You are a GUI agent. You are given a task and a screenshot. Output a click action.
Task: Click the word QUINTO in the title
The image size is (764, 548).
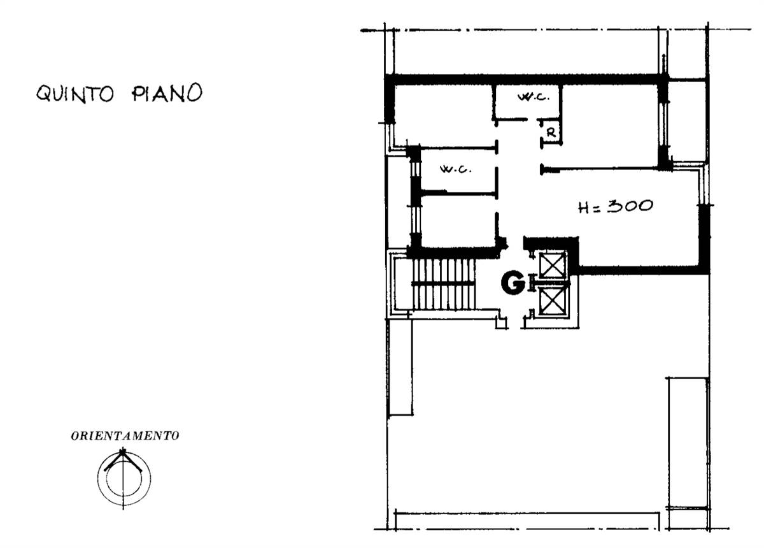75,93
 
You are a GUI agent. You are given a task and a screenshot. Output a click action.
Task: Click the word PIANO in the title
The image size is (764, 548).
167,92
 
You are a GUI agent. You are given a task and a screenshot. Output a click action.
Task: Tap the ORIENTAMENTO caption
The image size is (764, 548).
125,436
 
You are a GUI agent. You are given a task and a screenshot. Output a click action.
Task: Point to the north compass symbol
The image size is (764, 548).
124,477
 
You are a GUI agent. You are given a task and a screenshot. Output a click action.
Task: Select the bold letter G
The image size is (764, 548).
513,283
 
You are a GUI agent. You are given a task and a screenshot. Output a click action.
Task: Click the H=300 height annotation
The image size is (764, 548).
616,206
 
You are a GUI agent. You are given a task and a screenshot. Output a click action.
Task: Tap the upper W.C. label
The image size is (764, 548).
534,97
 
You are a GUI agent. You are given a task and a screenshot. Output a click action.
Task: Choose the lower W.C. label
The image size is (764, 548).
456,169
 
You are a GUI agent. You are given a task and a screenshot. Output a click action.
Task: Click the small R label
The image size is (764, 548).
551,133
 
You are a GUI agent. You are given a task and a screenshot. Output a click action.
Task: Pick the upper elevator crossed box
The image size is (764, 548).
552,265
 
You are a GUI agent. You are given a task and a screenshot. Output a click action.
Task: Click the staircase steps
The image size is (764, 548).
443,284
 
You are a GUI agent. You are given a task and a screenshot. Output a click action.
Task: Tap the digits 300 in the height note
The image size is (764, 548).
630,206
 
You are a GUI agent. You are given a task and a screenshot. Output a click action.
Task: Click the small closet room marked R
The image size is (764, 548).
551,132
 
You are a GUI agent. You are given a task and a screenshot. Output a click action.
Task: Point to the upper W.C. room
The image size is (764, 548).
527,102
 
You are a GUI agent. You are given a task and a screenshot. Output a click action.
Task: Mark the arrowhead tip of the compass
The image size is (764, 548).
122,451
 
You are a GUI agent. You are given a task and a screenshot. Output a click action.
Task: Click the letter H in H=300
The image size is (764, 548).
584,208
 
